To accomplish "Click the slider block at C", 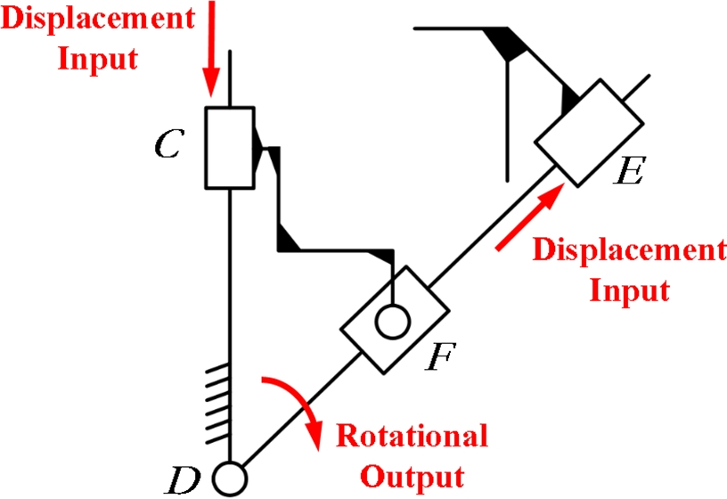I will [x=230, y=147].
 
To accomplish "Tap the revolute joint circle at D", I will [x=230, y=479].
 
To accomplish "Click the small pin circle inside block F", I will [x=390, y=320].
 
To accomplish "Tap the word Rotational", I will [x=411, y=437].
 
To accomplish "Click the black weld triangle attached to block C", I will [x=260, y=143].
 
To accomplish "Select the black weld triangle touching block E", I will [x=568, y=98].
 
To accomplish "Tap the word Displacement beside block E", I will [x=628, y=250].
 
